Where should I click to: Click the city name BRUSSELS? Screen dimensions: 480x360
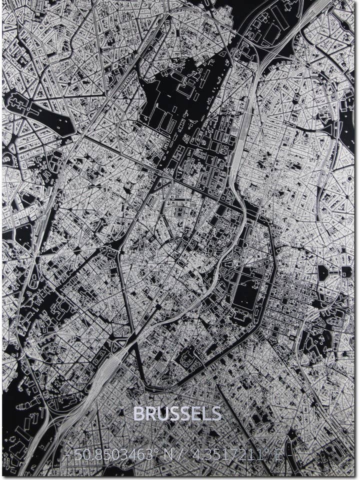click(177, 413)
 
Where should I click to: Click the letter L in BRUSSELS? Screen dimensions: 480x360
click(206, 413)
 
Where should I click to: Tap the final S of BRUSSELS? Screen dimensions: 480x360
click(216, 413)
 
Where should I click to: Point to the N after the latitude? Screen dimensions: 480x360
click(167, 455)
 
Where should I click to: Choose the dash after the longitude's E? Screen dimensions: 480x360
click(292, 455)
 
